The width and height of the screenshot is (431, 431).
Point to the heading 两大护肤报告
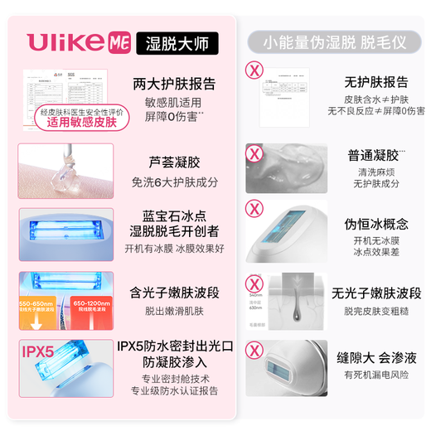pos(174,83)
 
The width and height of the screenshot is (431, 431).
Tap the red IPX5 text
pos(38,351)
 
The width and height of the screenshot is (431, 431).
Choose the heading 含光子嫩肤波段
pos(175,291)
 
